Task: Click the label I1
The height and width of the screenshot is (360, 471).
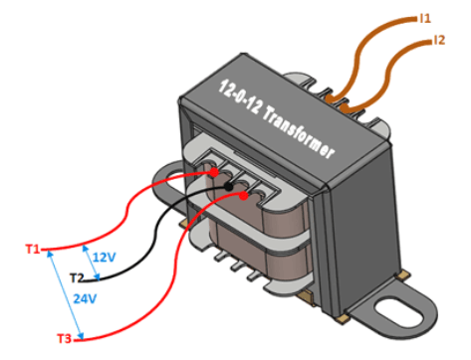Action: click(425, 17)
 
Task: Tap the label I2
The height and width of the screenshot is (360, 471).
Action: click(439, 41)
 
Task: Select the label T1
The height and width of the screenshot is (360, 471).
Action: click(32, 248)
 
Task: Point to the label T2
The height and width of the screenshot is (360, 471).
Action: click(78, 276)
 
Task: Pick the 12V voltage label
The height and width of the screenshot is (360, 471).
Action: click(104, 257)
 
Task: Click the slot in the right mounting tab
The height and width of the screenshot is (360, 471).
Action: click(402, 308)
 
